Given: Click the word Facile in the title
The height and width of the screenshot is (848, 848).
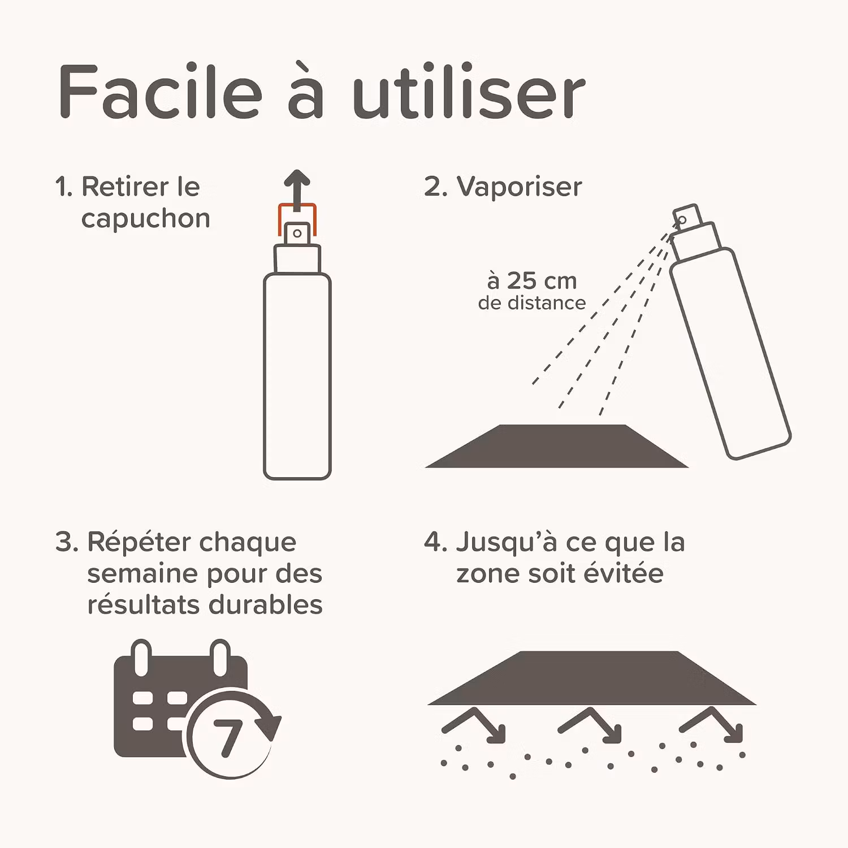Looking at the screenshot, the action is (161, 92).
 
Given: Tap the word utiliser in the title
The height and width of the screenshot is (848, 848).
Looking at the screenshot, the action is (469, 92).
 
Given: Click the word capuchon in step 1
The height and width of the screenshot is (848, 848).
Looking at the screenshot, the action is (145, 219).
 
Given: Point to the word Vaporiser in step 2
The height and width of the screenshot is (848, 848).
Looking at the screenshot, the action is (519, 187).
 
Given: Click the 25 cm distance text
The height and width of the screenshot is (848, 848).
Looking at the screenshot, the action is (531, 281).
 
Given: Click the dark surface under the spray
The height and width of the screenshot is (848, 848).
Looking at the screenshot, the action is (557, 446).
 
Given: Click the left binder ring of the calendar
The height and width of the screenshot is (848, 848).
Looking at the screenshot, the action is (141, 657).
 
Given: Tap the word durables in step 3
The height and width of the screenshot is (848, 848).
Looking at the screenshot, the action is (266, 604).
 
